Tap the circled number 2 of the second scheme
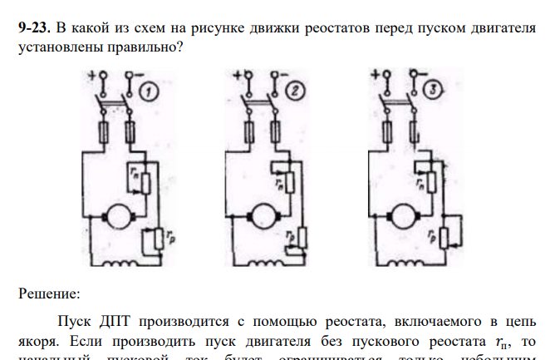pos(293,91)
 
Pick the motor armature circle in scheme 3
pos(406,215)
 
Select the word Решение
pos(49,293)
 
